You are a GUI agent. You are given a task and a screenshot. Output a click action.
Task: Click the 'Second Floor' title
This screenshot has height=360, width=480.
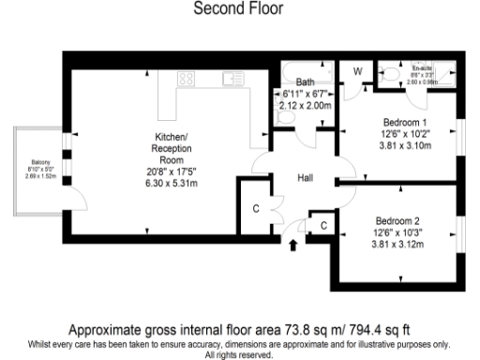point(239,8)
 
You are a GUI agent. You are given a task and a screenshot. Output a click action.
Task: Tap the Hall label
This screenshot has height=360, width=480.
point(306,178)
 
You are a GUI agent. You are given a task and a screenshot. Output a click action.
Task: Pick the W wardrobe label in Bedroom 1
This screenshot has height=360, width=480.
point(357,71)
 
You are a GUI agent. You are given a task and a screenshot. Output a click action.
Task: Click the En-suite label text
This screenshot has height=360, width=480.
point(420,67)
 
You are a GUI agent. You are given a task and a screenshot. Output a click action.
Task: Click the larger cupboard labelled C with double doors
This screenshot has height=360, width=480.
point(257,208)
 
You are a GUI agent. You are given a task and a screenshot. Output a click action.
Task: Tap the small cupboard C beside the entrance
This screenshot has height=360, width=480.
point(322,226)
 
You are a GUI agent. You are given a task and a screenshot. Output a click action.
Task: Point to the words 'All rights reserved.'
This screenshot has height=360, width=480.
point(239,355)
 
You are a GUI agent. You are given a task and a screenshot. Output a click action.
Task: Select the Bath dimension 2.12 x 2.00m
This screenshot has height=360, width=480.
point(306,105)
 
